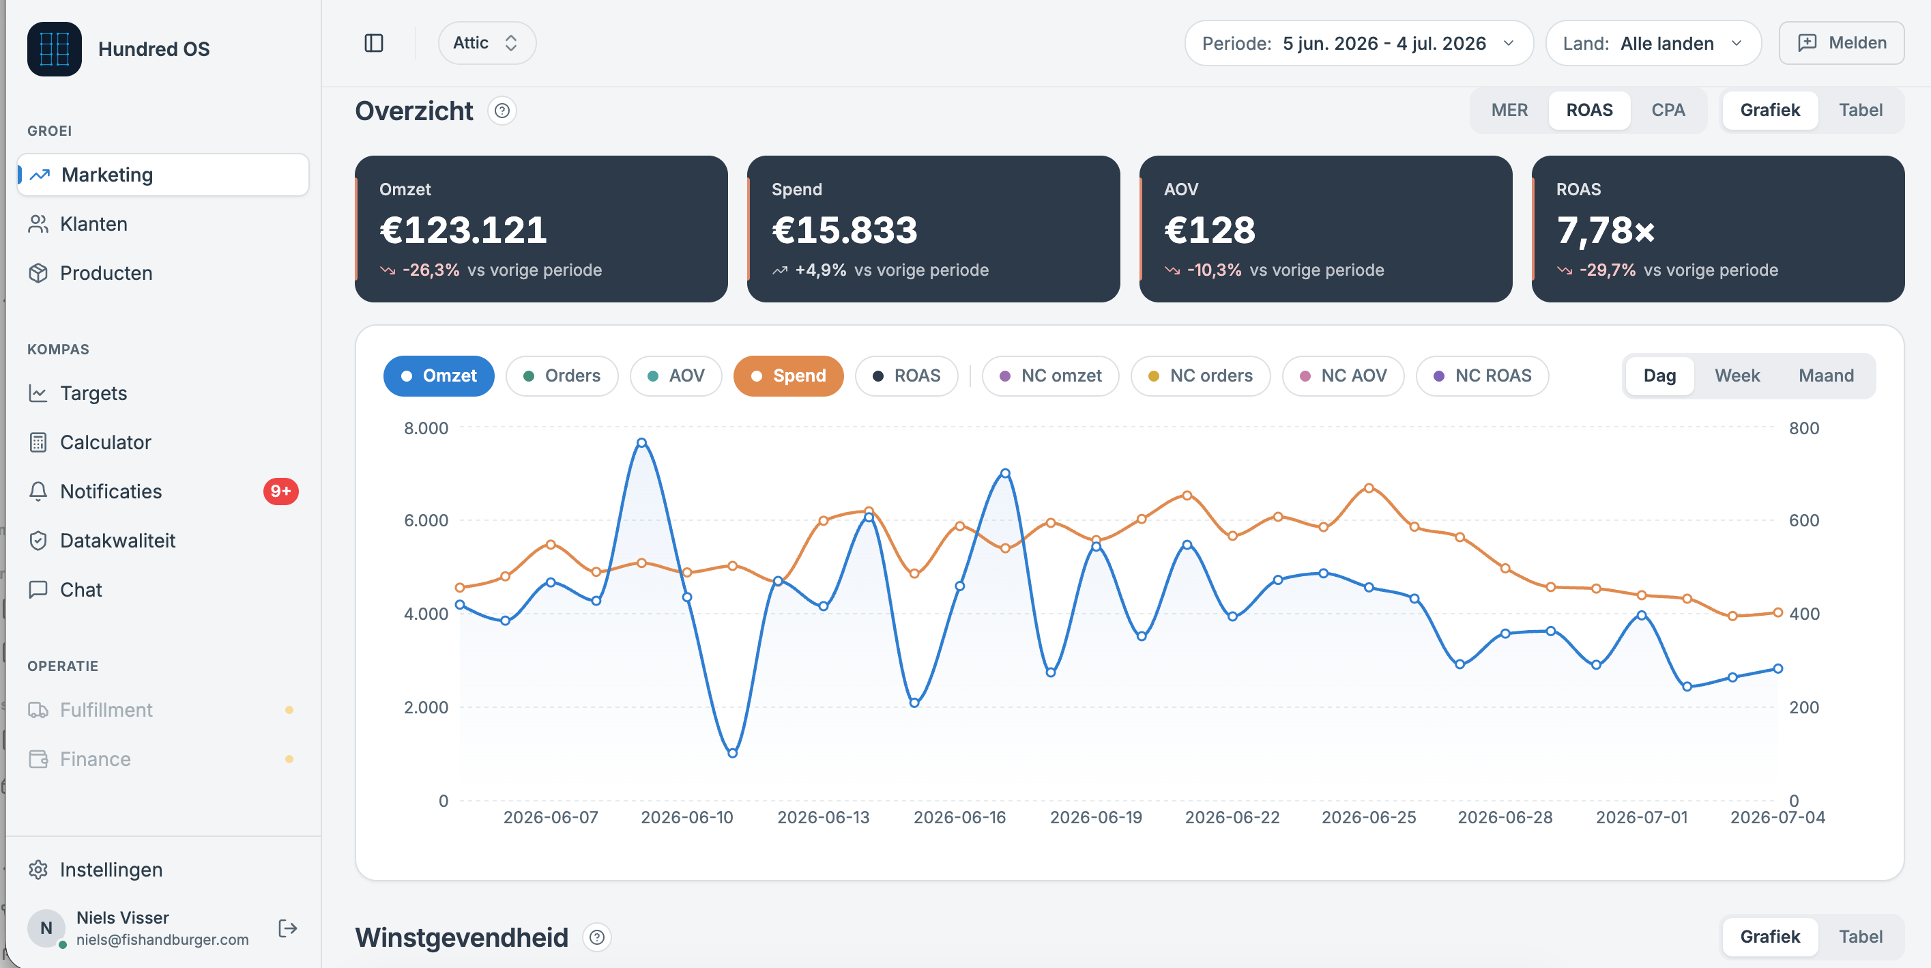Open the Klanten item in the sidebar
pos(93,223)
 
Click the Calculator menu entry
pos(105,442)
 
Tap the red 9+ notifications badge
pos(280,491)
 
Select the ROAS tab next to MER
pos(1589,110)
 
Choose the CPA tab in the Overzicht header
pos(1668,110)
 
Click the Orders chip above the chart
pos(562,375)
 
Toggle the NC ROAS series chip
pos(1482,375)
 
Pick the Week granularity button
pos(1737,375)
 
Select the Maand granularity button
pos(1826,375)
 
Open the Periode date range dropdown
pos(1359,44)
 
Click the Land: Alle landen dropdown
pos(1653,44)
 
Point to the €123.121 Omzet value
pos(463,229)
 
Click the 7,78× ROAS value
pos(1605,230)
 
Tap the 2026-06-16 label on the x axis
pos(959,817)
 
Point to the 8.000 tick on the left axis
pos(426,428)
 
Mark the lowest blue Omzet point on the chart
pos(732,753)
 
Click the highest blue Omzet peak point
pos(641,442)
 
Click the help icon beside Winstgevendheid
pos(596,937)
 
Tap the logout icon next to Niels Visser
pos(288,928)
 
